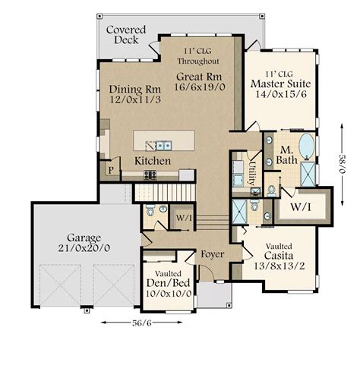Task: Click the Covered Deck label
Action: [x=126, y=34]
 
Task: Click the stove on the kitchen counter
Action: [x=150, y=174]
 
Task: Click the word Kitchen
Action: [x=153, y=162]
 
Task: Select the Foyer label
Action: [x=211, y=254]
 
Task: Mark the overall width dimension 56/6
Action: [x=142, y=323]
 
